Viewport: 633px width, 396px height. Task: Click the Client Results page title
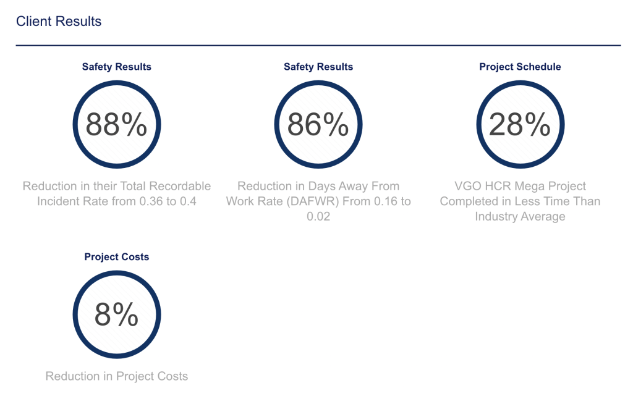(x=59, y=22)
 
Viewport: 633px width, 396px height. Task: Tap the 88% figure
(x=116, y=124)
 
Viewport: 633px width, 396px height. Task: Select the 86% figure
(x=318, y=124)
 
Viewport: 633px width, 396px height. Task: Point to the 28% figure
(x=519, y=124)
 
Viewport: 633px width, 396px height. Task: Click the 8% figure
(x=116, y=314)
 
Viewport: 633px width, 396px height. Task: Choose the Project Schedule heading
(x=520, y=67)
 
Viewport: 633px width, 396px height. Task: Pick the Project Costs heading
(x=117, y=257)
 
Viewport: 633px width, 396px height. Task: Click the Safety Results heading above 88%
(x=117, y=67)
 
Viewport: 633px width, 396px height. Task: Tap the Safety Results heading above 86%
(x=318, y=67)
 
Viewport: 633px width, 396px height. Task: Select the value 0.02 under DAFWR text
(x=318, y=217)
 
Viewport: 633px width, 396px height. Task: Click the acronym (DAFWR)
(x=312, y=201)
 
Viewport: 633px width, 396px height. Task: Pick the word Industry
(x=496, y=217)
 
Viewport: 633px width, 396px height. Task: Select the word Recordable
(x=180, y=186)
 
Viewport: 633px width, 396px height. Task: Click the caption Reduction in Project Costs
(x=117, y=376)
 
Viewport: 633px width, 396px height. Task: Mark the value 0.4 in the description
(x=188, y=201)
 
